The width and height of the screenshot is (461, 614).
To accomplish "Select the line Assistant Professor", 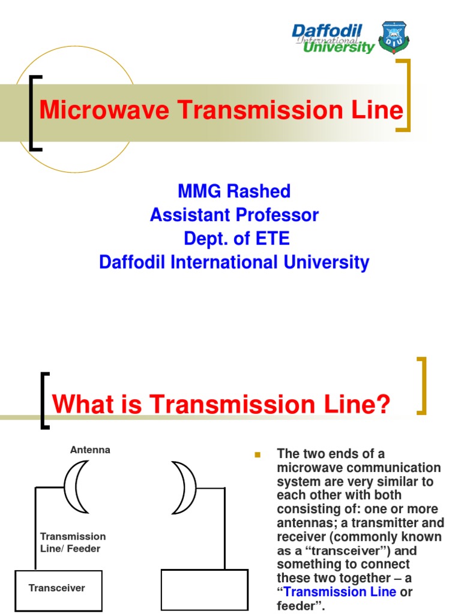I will [x=234, y=215].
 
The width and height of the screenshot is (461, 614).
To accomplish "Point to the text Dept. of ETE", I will [x=237, y=239].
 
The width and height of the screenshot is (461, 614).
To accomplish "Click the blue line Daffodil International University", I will [x=234, y=262].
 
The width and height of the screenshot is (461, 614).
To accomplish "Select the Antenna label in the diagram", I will [x=90, y=450].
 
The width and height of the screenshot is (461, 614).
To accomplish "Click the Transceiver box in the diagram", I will [x=58, y=588].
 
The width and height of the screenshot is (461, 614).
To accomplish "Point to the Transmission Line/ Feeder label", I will [x=73, y=542].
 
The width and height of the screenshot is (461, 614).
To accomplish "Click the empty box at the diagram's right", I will [x=205, y=589].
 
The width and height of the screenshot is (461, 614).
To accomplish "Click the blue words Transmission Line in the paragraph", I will [x=340, y=592].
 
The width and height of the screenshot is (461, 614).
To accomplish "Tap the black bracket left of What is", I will [x=44, y=401].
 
